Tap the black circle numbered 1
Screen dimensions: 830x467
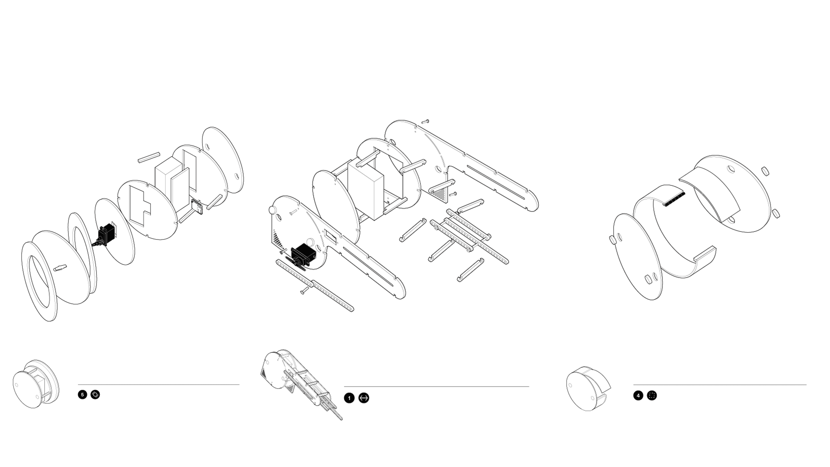(349, 398)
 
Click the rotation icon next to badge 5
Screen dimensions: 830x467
(95, 394)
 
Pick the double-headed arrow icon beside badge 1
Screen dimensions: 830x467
(364, 398)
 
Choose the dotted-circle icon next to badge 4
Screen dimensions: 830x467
(652, 395)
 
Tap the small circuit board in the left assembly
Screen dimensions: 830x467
(197, 206)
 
